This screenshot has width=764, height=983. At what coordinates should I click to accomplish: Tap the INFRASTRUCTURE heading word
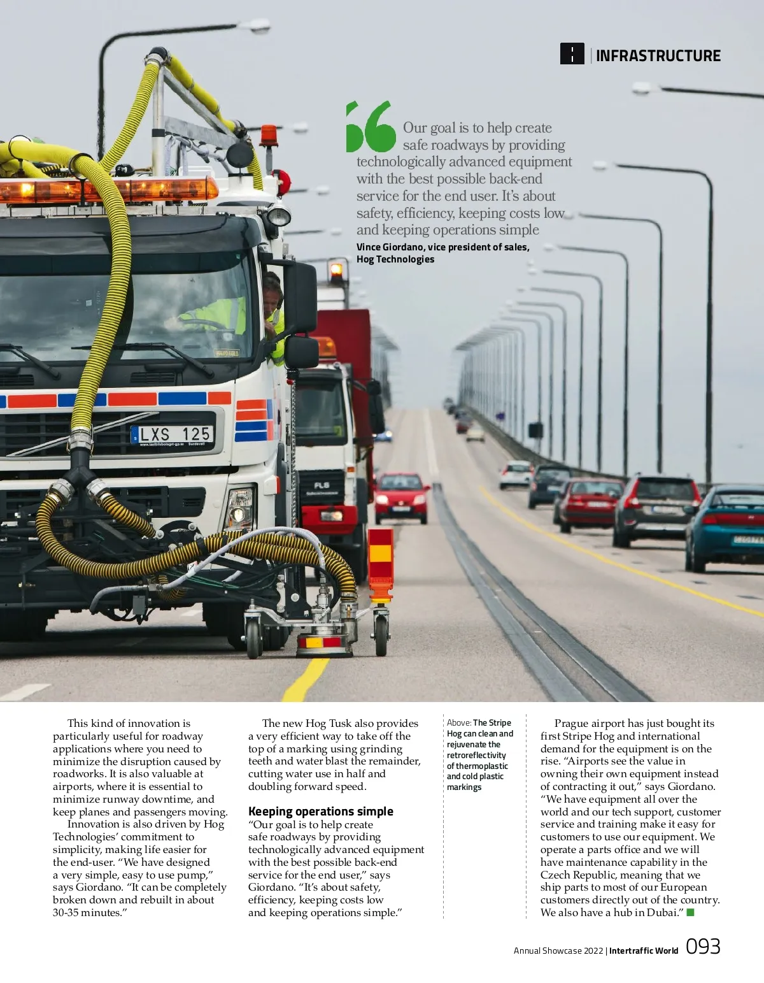[658, 56]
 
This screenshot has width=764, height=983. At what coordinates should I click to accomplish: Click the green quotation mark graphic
[371, 127]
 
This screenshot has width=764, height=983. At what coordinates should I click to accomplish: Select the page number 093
[703, 947]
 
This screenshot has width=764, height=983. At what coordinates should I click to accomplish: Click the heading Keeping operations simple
[320, 811]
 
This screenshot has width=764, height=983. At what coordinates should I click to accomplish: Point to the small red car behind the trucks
[401, 497]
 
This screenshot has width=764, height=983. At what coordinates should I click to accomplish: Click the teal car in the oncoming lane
[726, 527]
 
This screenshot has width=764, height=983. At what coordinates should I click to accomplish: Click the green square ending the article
[690, 913]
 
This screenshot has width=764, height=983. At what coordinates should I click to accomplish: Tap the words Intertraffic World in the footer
[643, 951]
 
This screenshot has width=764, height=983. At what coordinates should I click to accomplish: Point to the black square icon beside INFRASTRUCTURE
[572, 54]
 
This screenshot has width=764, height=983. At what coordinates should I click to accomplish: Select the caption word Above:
[458, 722]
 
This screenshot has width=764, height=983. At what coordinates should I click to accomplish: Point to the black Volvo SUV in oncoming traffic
[656, 509]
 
